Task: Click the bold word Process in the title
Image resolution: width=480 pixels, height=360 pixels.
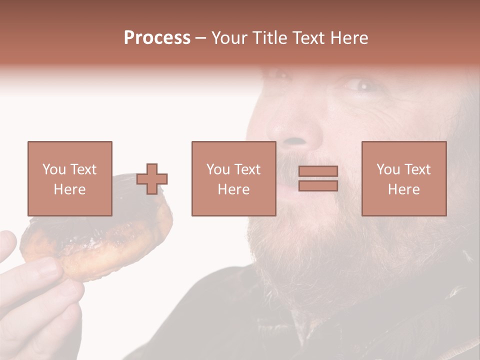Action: pos(157,38)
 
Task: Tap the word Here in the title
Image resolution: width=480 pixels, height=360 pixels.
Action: pos(348,38)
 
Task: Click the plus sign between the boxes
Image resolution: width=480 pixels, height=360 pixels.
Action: pos(152,179)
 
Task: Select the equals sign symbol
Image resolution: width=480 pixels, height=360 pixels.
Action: pos(318,178)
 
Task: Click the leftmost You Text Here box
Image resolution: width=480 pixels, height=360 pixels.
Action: pos(69,178)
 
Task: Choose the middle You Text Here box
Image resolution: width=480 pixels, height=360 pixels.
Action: pos(233,178)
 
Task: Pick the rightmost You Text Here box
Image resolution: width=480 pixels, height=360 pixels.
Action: pos(403,178)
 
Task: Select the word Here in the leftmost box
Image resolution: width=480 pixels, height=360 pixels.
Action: pos(69,189)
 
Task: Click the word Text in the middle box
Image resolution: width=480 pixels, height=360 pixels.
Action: pos(247,169)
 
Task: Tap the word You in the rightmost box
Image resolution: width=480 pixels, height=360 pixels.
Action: pos(388,169)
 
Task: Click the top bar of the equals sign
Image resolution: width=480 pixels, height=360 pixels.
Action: pos(318,171)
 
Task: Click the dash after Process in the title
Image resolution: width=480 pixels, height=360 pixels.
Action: pos(200,38)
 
